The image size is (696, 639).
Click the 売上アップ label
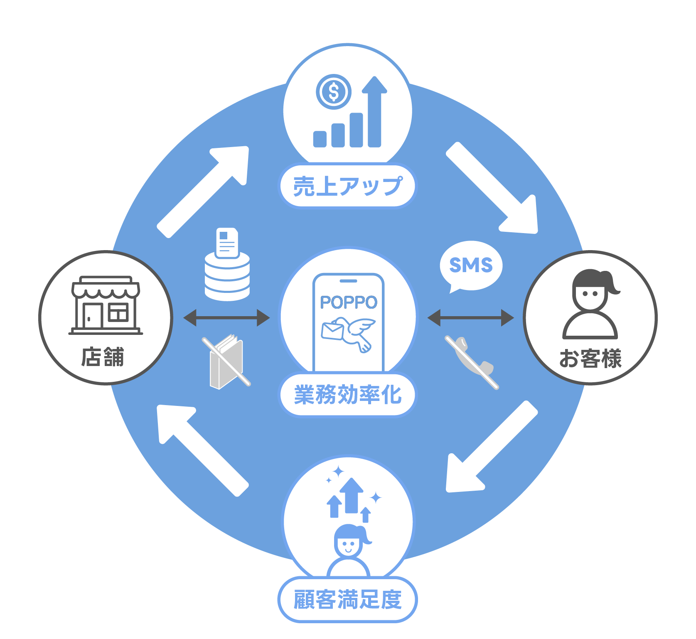click(x=347, y=186)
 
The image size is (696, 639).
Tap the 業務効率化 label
click(x=347, y=395)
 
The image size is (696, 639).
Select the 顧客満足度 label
click(x=347, y=600)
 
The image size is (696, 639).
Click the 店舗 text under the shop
click(x=103, y=357)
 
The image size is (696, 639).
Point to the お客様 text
click(x=590, y=359)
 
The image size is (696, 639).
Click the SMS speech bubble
click(x=471, y=265)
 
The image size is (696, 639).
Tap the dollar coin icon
click(x=333, y=92)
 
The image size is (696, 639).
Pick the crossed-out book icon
click(x=227, y=361)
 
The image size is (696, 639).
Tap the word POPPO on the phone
click(x=348, y=302)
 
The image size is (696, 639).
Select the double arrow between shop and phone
click(x=226, y=318)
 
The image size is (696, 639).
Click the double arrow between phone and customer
click(x=470, y=318)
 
